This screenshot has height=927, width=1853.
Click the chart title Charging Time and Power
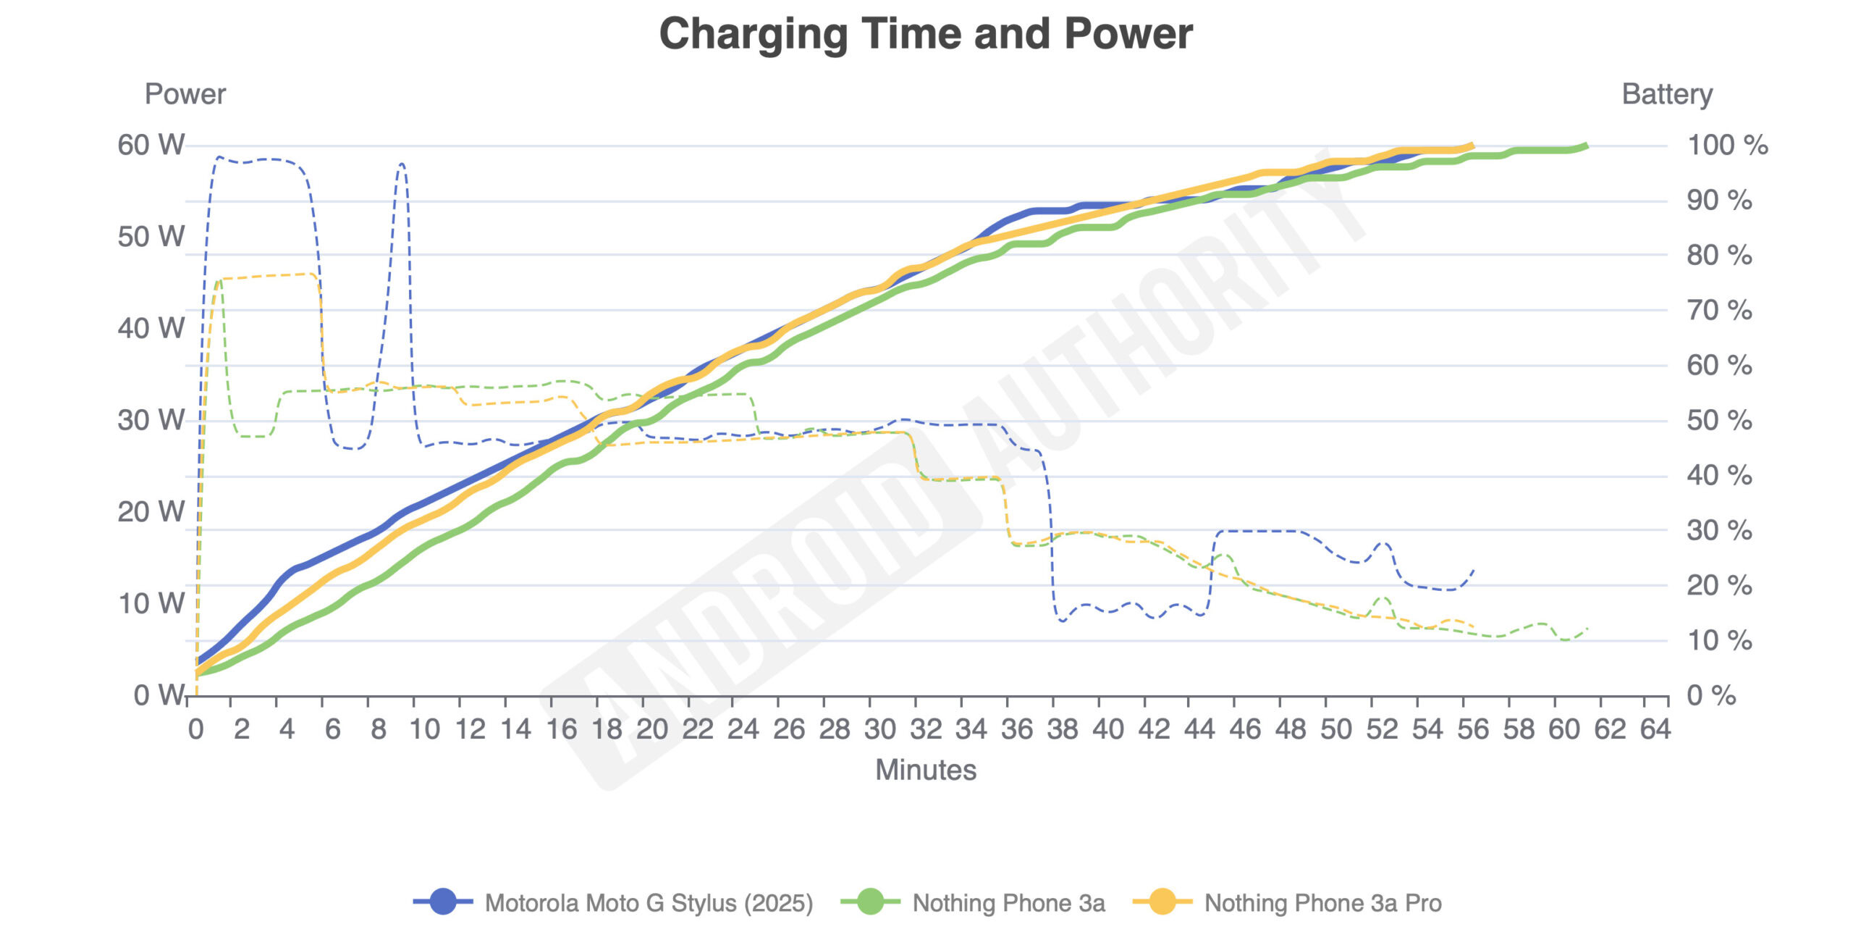pyautogui.click(x=926, y=34)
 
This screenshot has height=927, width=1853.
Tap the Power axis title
pyautogui.click(x=185, y=94)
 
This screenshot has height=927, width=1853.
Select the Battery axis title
pyautogui.click(x=1667, y=94)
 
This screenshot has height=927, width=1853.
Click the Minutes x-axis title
pyautogui.click(x=926, y=770)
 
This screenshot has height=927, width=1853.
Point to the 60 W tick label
pyautogui.click(x=151, y=146)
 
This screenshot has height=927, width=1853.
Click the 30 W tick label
pyautogui.click(x=151, y=421)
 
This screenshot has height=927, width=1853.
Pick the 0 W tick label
pyautogui.click(x=159, y=695)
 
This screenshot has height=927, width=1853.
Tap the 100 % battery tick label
pyautogui.click(x=1727, y=146)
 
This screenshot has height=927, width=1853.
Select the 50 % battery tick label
pyautogui.click(x=1719, y=421)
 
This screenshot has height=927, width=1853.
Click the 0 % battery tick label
pyautogui.click(x=1711, y=695)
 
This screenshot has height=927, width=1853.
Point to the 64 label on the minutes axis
pyautogui.click(x=1655, y=729)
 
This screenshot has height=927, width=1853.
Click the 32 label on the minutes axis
pyautogui.click(x=925, y=729)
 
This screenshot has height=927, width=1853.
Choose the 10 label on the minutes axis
pyautogui.click(x=424, y=729)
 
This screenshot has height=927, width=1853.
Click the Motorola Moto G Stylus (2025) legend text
pyautogui.click(x=649, y=903)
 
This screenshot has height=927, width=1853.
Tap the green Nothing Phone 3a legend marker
pyautogui.click(x=870, y=902)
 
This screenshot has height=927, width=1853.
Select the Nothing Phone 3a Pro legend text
pyautogui.click(x=1322, y=903)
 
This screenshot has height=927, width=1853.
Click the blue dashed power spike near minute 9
pyautogui.click(x=402, y=166)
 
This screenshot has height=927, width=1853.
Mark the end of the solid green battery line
pyautogui.click(x=1586, y=146)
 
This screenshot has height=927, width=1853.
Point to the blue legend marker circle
pyautogui.click(x=443, y=902)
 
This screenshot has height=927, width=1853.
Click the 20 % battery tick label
pyautogui.click(x=1719, y=585)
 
